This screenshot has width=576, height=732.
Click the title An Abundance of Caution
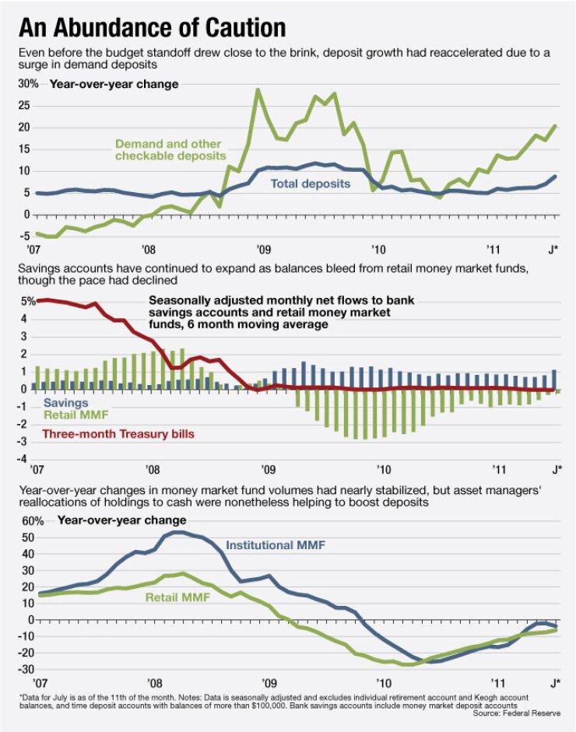click(152, 27)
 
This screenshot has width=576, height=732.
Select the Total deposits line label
click(310, 184)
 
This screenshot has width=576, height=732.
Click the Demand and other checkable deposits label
click(168, 150)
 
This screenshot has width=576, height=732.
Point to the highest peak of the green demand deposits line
click(258, 89)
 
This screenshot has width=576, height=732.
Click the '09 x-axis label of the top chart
click(262, 250)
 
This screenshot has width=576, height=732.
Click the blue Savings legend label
click(65, 404)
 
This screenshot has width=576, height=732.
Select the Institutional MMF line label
click(275, 545)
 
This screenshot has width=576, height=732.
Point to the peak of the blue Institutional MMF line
click(177, 532)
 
